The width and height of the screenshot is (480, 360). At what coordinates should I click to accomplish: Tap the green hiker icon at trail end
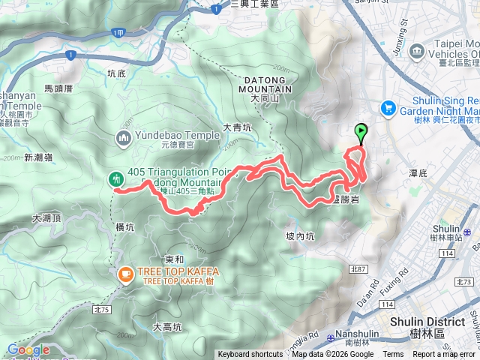[116, 179]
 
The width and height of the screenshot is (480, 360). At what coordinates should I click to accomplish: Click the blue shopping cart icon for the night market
[388, 108]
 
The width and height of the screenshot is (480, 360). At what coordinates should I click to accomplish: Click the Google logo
[28, 349]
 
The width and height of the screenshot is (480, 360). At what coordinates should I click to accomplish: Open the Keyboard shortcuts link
[250, 355]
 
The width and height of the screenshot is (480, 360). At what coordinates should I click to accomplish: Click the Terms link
[393, 355]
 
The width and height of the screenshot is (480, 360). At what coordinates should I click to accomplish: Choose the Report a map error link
[444, 355]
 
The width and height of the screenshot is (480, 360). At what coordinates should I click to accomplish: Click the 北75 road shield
[102, 289]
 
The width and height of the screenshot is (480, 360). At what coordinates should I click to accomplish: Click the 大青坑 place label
[237, 128]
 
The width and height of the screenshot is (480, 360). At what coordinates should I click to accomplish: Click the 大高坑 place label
[167, 326]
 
